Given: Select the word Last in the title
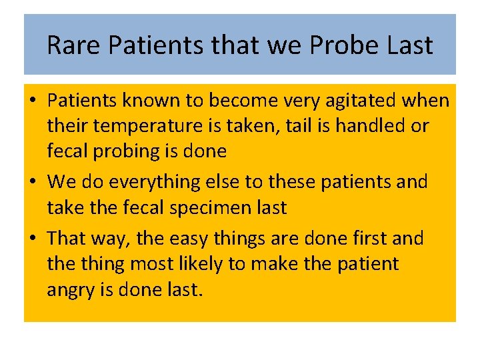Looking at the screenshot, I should pyautogui.click(x=410, y=45).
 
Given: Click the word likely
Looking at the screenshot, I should pyautogui.click(x=190, y=264).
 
